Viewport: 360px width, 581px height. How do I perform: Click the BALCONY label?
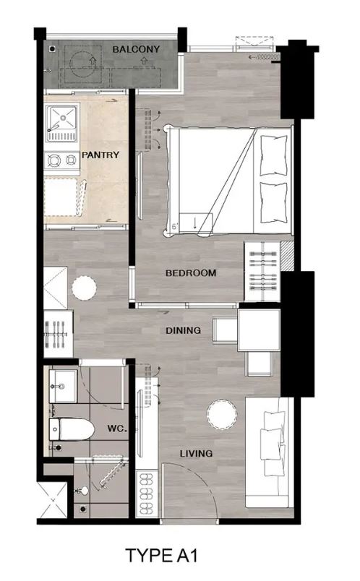pyautogui.click(x=136, y=49)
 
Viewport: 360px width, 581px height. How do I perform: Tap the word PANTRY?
pyautogui.click(x=100, y=155)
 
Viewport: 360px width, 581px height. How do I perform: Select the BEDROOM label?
pyautogui.click(x=191, y=273)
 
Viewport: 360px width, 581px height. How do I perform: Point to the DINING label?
pyautogui.click(x=183, y=330)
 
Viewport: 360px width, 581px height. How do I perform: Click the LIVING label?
pyautogui.click(x=196, y=453)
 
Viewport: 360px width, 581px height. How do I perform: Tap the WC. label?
pyautogui.click(x=117, y=429)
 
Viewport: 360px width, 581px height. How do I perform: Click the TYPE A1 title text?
pyautogui.click(x=162, y=556)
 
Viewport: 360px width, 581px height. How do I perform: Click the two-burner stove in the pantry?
pyautogui.click(x=62, y=160)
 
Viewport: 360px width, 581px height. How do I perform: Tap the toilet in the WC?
pyautogui.click(x=72, y=429)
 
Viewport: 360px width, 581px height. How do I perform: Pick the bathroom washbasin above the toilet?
pyautogui.click(x=63, y=386)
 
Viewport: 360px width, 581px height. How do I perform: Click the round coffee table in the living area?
pyautogui.click(x=222, y=415)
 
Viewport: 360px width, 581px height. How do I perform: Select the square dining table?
pyautogui.click(x=259, y=330)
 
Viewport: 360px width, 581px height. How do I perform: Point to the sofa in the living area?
pyautogui.click(x=267, y=452)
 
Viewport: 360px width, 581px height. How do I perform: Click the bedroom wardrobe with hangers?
pyautogui.click(x=262, y=271)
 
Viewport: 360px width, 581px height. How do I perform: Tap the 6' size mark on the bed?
pyautogui.click(x=175, y=226)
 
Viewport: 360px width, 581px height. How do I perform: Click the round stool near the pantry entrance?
pyautogui.click(x=84, y=288)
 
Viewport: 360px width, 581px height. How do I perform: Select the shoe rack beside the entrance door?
pyautogui.click(x=147, y=494)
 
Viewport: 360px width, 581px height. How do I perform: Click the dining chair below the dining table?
pyautogui.click(x=259, y=363)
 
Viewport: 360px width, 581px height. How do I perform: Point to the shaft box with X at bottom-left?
pyautogui.click(x=53, y=500)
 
